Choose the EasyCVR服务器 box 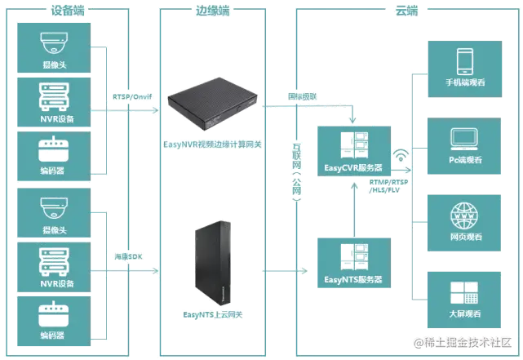tap(352, 152)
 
